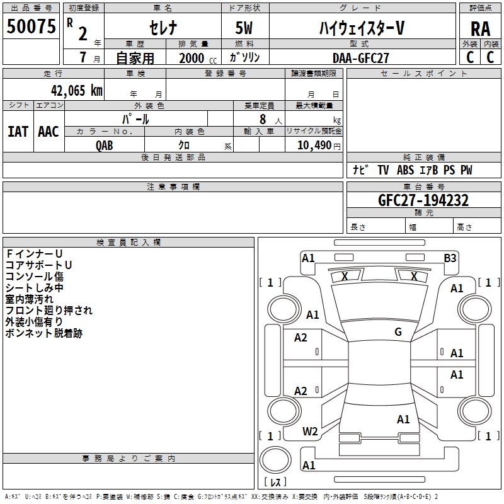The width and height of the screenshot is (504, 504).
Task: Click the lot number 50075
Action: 31,26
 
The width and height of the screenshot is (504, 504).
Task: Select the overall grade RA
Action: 481,29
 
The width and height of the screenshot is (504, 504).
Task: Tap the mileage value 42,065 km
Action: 76,91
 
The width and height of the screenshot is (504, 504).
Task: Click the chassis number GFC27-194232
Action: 423,200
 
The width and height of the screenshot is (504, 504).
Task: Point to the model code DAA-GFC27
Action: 360,58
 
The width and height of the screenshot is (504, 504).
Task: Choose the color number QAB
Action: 104,146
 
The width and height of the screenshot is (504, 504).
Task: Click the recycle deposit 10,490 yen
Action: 319,146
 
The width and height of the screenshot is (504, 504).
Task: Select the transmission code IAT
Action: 18,132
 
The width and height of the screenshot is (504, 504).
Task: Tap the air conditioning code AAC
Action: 49,132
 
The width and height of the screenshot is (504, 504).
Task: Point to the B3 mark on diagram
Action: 450,258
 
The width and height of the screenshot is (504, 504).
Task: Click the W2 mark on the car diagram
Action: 310,432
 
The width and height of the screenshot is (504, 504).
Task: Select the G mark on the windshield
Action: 398,332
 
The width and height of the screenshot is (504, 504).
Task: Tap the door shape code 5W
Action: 244,28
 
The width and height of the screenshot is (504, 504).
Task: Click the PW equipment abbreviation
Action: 466,170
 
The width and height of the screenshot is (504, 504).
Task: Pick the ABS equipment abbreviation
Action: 405,170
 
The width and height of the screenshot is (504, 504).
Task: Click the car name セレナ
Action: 163,28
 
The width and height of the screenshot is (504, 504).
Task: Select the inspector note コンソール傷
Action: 35,277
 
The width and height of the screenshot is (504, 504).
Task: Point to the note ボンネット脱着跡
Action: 44,333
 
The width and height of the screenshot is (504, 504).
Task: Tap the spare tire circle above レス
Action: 275,460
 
